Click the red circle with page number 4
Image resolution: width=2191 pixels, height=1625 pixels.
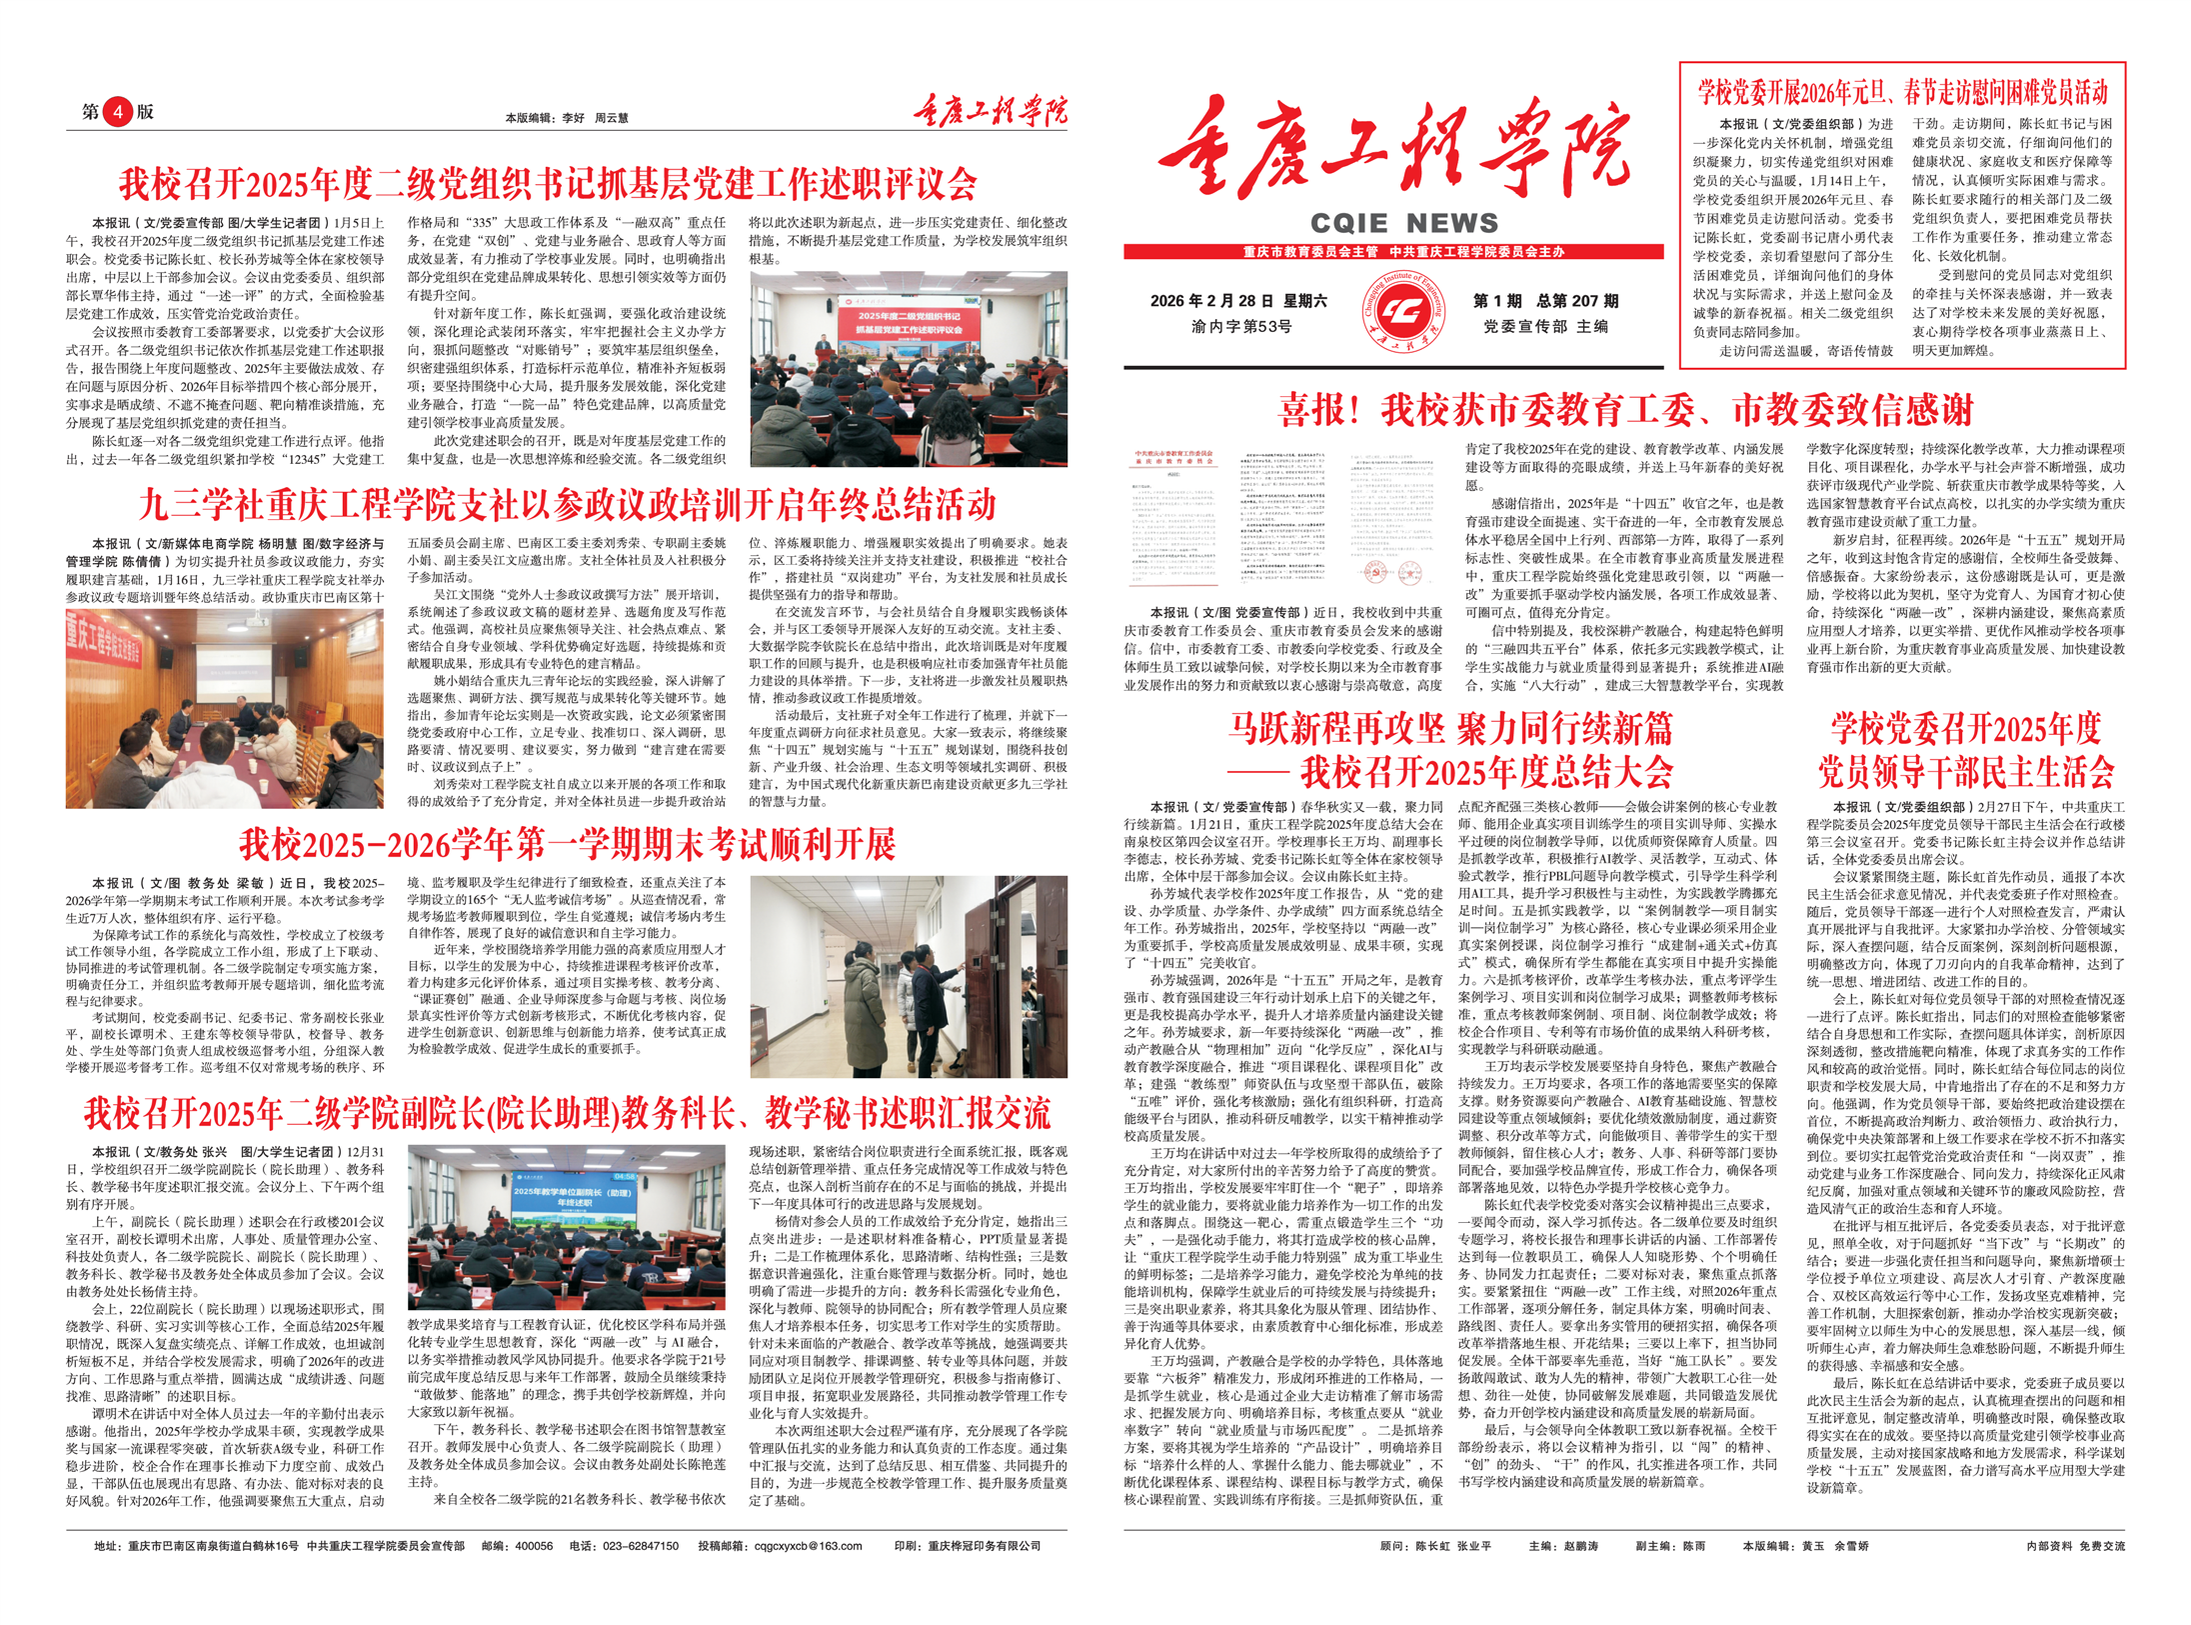(118, 111)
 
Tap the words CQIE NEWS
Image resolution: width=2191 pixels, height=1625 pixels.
(1403, 223)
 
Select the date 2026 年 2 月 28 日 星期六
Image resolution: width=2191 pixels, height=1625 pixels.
(1237, 301)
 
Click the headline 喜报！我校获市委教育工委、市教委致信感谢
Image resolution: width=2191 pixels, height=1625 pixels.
(1626, 409)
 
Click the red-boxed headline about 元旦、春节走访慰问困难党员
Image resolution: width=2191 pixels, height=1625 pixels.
(1902, 93)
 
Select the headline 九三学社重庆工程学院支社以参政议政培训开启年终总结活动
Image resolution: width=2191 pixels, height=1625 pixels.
(567, 504)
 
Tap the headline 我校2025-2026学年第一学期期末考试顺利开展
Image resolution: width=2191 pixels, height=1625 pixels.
(567, 845)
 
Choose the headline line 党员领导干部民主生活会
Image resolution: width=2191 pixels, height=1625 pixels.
(1965, 772)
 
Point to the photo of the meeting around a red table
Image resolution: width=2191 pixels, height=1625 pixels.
(224, 709)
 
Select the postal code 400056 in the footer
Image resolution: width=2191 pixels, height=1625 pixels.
(533, 1545)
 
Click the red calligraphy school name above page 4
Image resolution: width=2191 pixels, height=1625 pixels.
(989, 110)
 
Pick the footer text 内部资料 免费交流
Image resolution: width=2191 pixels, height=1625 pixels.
(2075, 1545)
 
